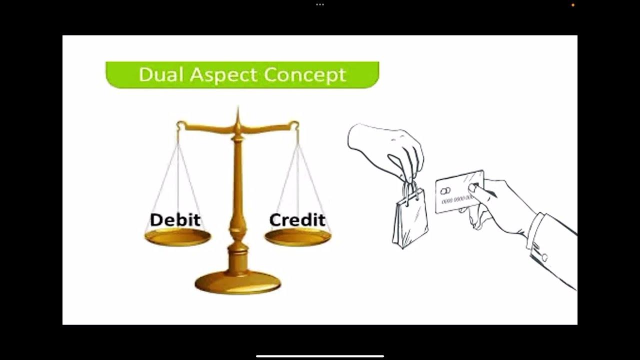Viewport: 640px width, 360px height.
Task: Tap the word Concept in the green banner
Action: [305, 75]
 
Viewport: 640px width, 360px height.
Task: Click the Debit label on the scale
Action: [175, 220]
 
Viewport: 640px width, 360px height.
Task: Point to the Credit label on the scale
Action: [297, 220]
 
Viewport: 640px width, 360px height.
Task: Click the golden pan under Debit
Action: [177, 237]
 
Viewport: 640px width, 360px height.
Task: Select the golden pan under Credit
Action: [297, 237]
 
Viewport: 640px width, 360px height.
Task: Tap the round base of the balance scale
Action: [237, 282]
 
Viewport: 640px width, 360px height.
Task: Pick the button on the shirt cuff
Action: [544, 257]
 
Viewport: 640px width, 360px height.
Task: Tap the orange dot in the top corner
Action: [573, 5]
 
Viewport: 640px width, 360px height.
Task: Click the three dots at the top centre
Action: [320, 4]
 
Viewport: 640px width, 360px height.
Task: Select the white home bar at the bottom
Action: [320, 356]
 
